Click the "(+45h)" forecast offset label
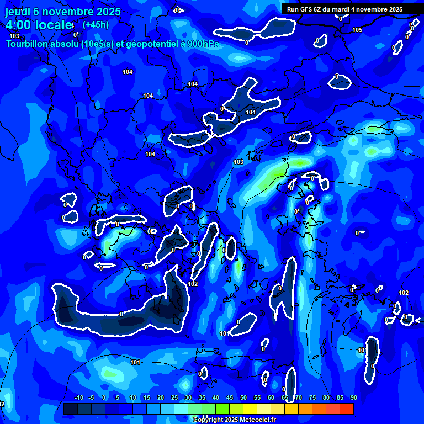[96, 24]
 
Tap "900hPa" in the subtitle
[202, 44]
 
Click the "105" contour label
[357, 30]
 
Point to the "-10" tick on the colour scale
[78, 397]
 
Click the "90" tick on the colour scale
[353, 397]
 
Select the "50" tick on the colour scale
[243, 397]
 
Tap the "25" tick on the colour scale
[174, 397]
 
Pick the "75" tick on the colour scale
[312, 397]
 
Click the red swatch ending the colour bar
[346, 409]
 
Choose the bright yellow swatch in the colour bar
[250, 409]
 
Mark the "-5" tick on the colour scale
[92, 397]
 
